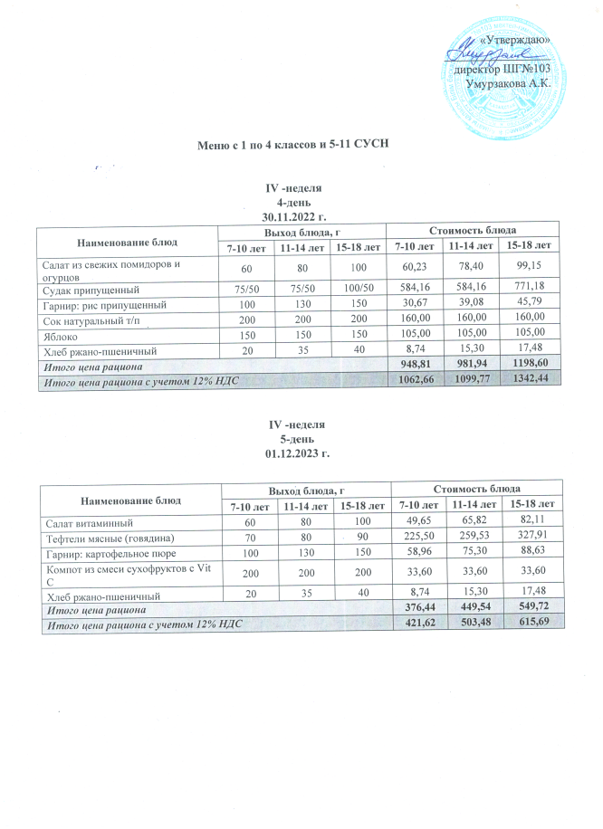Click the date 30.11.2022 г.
tap(293, 217)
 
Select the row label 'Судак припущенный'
tap(87, 291)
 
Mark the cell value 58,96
tap(415, 552)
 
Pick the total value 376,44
tap(415, 613)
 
